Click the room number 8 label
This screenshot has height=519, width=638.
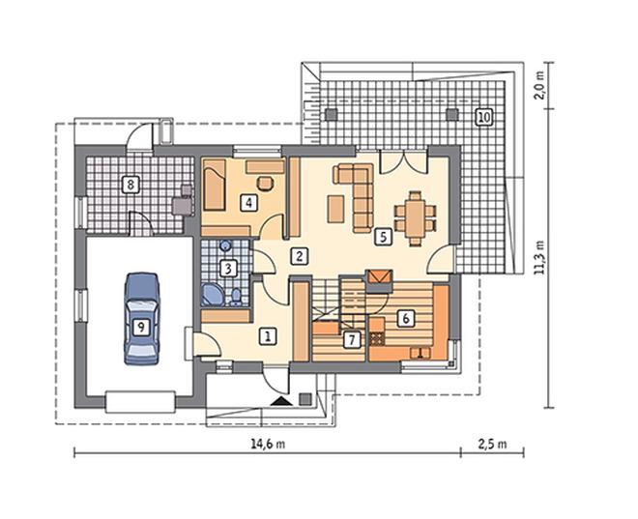[130, 185]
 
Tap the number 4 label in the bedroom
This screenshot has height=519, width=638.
[248, 202]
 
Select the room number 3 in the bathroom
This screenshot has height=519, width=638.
[228, 269]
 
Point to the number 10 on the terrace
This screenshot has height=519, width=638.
[483, 117]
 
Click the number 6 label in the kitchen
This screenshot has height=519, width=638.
[405, 318]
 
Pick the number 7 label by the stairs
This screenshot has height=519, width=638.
[352, 339]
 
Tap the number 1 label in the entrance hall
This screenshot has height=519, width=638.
[268, 336]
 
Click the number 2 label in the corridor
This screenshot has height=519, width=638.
[300, 256]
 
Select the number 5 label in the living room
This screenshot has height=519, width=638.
[384, 237]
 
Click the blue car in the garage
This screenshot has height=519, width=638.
[141, 319]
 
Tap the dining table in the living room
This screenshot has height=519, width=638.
[415, 218]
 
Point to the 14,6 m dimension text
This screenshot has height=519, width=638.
[268, 444]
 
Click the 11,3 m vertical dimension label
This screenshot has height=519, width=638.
[540, 258]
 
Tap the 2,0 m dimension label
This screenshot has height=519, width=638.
[539, 85]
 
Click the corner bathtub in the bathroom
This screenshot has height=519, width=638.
[213, 295]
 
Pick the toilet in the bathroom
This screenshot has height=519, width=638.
[236, 298]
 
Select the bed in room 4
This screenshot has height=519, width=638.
[215, 185]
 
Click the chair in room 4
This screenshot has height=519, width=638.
[266, 183]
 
